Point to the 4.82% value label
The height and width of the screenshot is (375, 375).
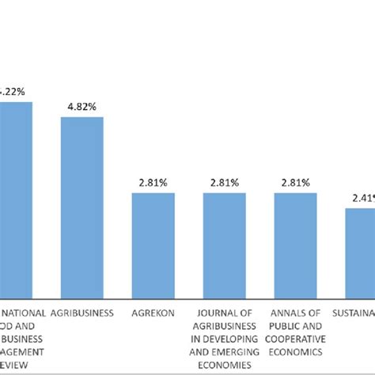82,107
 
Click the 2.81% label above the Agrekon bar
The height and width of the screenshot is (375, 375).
153,183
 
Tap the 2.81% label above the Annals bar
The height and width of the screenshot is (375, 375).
296,183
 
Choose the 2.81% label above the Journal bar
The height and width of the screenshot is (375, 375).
225,183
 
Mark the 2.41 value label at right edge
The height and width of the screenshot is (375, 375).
362,198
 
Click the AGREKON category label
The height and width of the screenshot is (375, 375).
153,312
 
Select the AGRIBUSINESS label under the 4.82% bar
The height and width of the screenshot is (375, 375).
82,312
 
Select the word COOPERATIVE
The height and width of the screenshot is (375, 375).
296,339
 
